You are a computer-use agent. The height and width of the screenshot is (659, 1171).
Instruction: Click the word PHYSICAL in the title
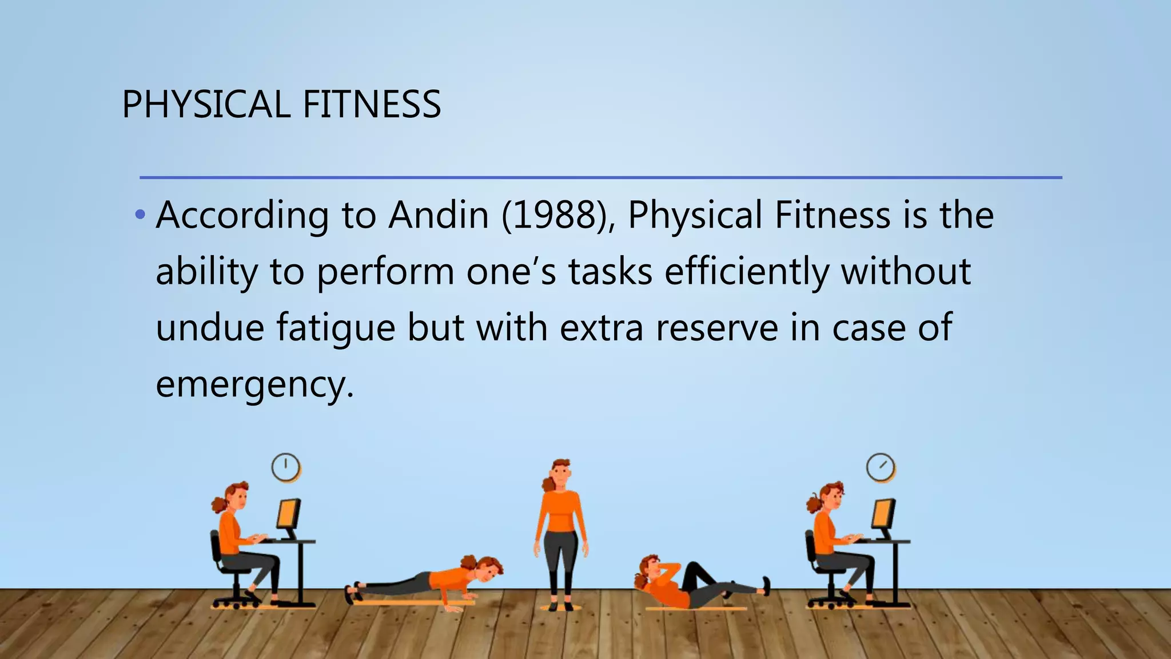tap(206, 104)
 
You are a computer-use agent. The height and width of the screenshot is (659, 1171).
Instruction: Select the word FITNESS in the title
tap(372, 104)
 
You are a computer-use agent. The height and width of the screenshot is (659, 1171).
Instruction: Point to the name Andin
tap(439, 215)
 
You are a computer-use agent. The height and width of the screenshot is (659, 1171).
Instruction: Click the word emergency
tap(254, 384)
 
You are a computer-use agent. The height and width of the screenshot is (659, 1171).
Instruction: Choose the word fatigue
tap(336, 328)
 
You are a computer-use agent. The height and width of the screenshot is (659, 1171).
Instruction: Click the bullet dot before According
tap(140, 216)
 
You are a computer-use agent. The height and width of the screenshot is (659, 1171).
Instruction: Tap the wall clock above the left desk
tap(285, 467)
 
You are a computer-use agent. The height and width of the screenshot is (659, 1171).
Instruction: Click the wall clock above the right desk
tap(881, 467)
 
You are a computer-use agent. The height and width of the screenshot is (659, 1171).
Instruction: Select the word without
tap(906, 272)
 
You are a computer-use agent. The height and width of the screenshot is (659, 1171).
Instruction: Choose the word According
tap(242, 215)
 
